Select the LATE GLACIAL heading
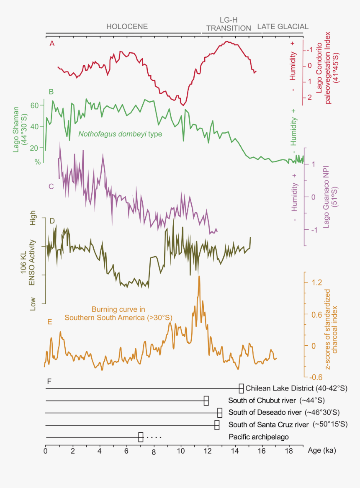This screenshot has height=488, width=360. click(x=283, y=26)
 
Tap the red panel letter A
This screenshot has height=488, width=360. click(x=52, y=44)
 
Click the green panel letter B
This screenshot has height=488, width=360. click(x=51, y=91)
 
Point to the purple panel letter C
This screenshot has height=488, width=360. click(x=51, y=186)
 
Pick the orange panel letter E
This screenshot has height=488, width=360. click(x=50, y=322)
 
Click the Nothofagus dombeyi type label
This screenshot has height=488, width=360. click(x=120, y=134)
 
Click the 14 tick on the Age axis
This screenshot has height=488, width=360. click(x=235, y=451)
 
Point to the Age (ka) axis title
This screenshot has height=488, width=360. click(x=321, y=451)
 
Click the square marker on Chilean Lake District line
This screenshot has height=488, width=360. click(x=241, y=388)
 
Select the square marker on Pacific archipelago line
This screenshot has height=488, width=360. click(x=141, y=437)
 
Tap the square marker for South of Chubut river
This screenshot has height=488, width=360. click(x=206, y=401)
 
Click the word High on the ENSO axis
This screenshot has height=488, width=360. click(x=33, y=221)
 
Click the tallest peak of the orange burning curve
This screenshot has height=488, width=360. click(x=199, y=277)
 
